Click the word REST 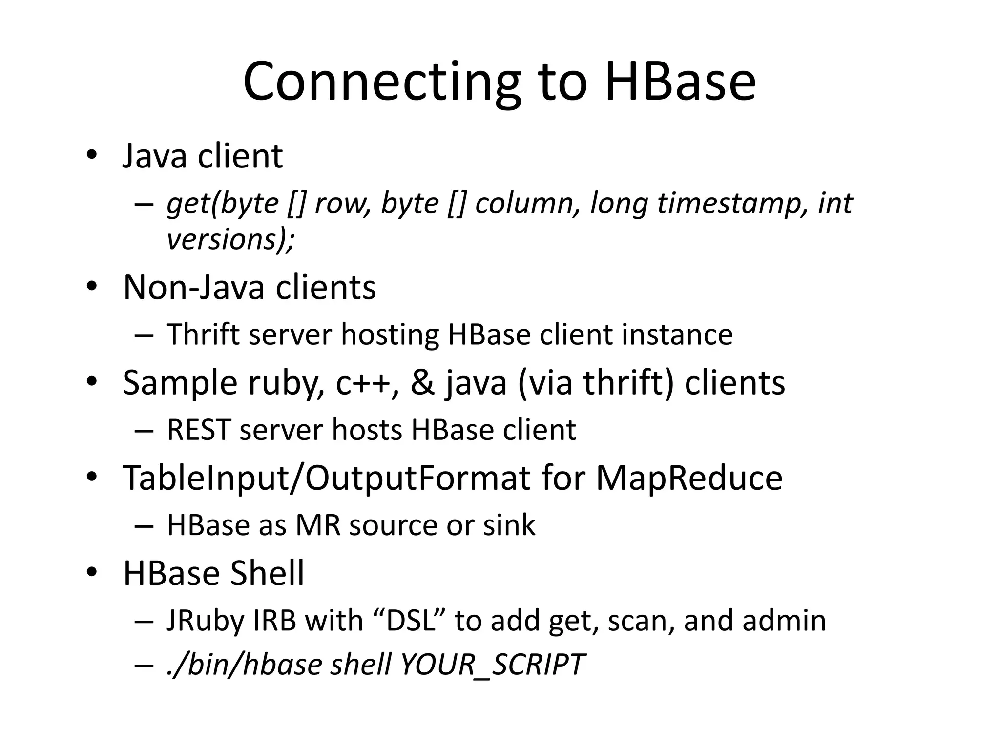198,430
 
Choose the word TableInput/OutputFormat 327,477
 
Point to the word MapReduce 689,477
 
